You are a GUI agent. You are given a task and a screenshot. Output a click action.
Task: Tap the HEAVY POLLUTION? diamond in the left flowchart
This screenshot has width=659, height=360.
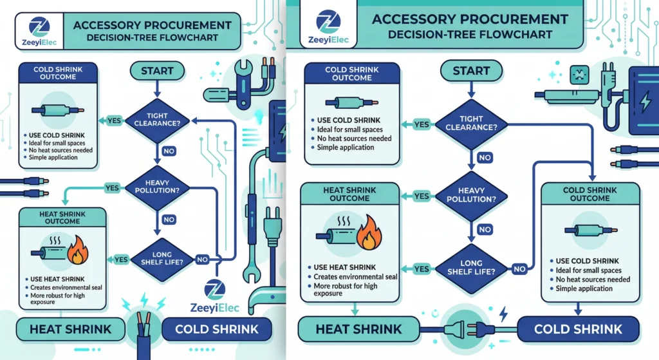point(157,187)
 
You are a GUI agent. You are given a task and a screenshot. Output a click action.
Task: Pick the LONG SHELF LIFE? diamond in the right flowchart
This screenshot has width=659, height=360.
point(472,267)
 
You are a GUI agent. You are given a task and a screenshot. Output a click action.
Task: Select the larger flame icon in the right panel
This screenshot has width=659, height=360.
point(369,233)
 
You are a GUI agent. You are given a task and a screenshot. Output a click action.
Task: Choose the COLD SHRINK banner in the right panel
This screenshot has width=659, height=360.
point(578,330)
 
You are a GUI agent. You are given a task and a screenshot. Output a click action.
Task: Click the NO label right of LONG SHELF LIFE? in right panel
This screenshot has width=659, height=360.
point(519,269)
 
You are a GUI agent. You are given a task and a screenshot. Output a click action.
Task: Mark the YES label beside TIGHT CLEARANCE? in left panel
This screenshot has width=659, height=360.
point(114,120)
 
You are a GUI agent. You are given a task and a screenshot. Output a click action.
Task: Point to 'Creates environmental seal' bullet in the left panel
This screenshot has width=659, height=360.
point(66,287)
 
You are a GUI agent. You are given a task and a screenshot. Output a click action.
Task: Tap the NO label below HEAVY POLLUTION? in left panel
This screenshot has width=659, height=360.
point(169,220)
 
